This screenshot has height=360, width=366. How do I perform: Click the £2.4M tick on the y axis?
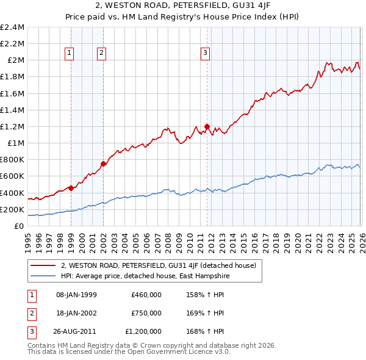tap(12, 27)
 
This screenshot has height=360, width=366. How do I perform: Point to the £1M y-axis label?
tap(15, 143)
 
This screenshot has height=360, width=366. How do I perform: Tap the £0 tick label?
tap(20, 226)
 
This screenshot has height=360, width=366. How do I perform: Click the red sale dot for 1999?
tap(71, 188)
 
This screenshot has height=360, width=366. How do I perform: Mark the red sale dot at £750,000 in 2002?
tap(103, 164)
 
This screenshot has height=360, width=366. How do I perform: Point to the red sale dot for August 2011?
tap(207, 126)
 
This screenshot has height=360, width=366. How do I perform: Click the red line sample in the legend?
tap(43, 265)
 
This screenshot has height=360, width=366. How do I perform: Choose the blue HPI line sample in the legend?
tap(43, 276)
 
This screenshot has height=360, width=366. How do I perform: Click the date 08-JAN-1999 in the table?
tap(76, 295)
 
